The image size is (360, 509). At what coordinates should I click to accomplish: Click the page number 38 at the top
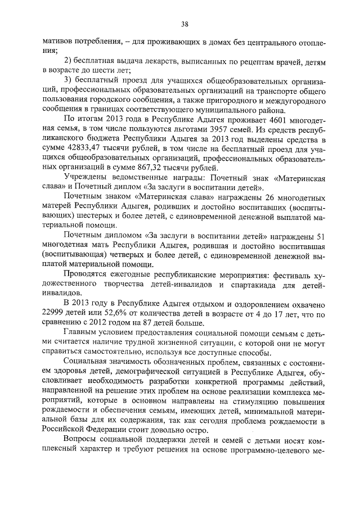point(184,24)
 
